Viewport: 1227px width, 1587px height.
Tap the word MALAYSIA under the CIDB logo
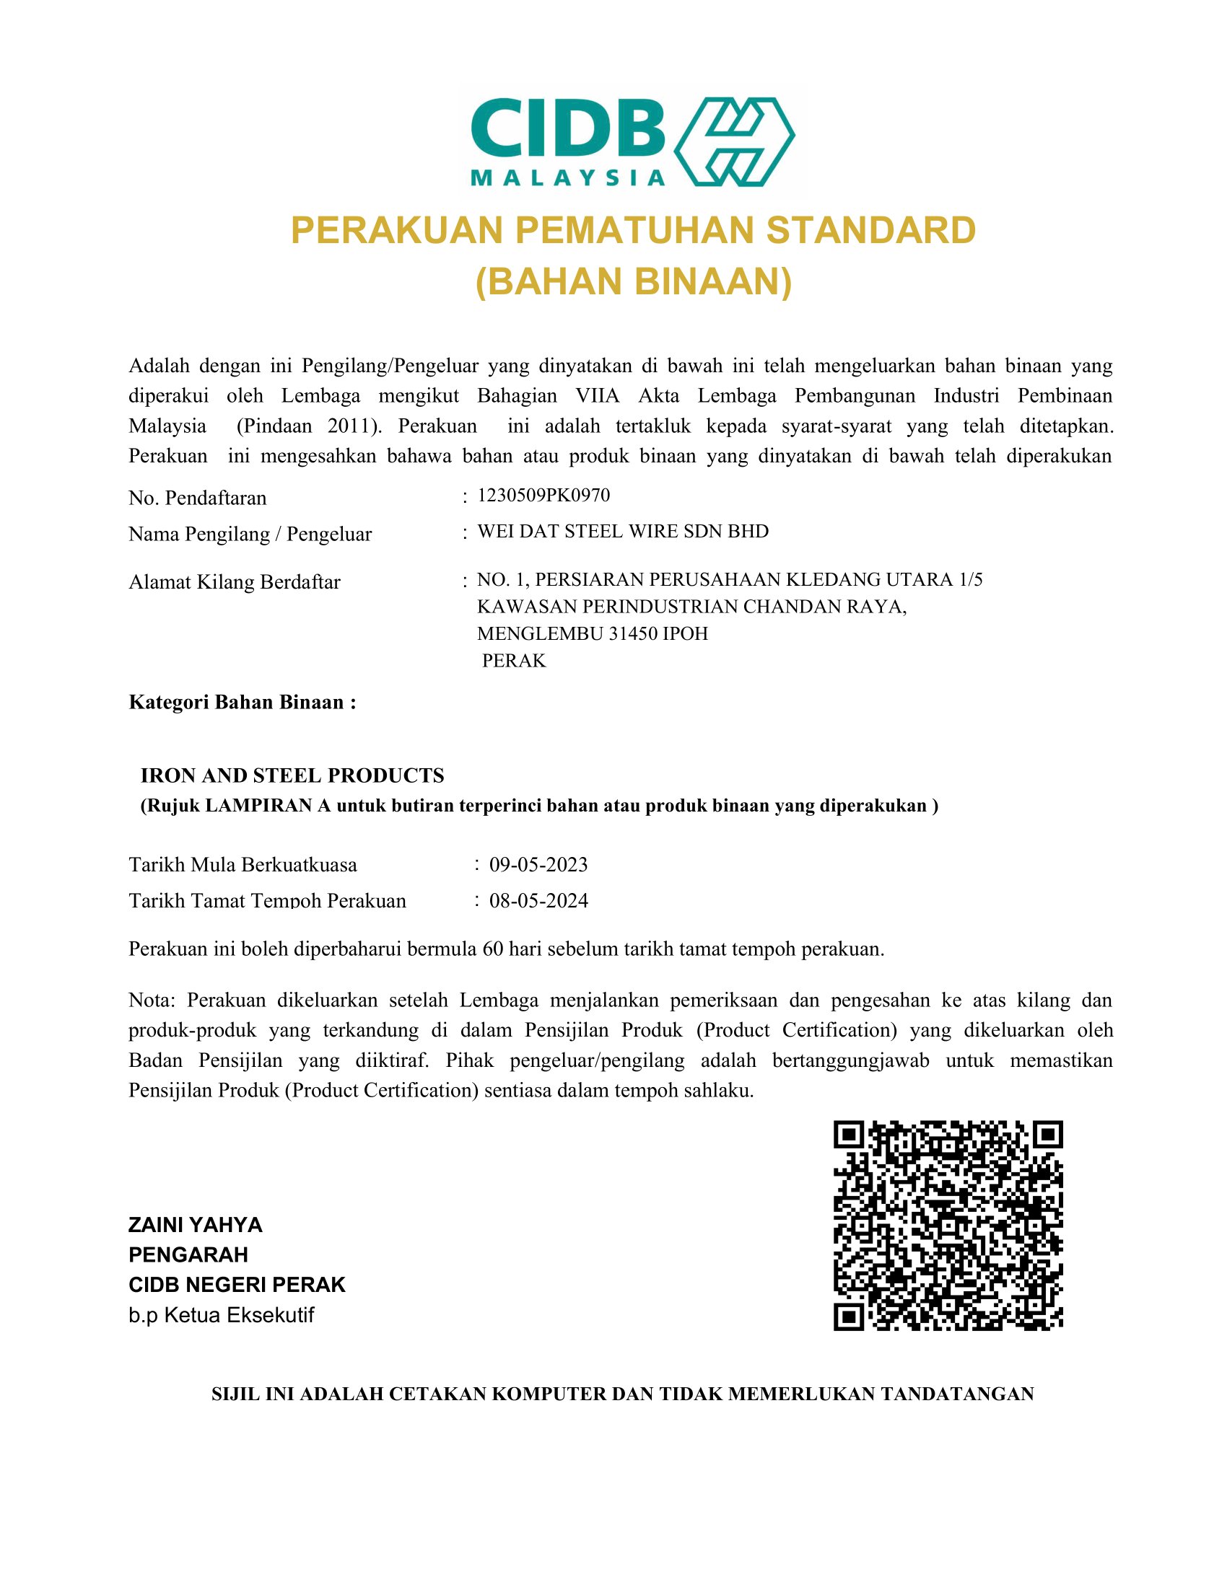tap(568, 178)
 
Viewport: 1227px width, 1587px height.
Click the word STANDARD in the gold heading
tap(871, 230)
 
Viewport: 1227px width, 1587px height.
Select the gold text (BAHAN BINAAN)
tap(633, 282)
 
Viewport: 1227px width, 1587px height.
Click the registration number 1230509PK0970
tap(543, 496)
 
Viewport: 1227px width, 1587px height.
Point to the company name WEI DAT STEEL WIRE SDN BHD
tap(622, 531)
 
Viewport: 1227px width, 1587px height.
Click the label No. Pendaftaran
tap(198, 498)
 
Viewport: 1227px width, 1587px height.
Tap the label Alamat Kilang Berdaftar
tap(234, 582)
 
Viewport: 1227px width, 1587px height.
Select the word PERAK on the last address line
tap(514, 661)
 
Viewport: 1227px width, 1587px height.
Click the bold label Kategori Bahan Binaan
tap(242, 702)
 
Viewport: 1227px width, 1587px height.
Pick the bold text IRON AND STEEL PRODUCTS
tap(292, 775)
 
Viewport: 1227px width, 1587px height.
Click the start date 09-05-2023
tap(538, 865)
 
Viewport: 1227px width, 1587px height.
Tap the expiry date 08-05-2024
tap(538, 901)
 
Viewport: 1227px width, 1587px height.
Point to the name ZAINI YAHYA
tap(196, 1225)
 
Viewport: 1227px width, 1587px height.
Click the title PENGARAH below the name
tap(188, 1255)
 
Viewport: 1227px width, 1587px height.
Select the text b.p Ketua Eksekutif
tap(221, 1315)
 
